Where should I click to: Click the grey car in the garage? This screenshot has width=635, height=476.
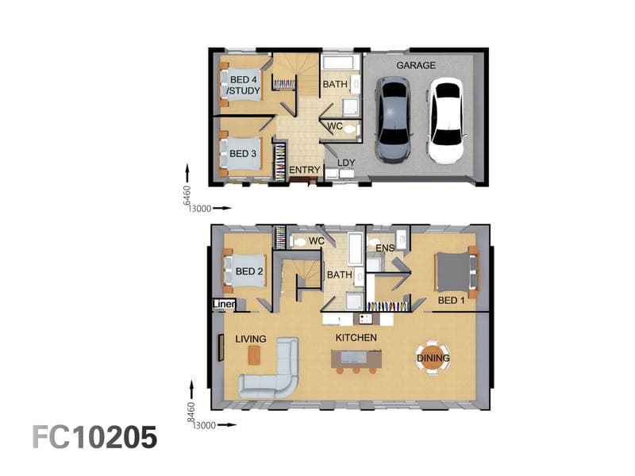393,121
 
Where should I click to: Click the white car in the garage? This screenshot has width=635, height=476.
446,121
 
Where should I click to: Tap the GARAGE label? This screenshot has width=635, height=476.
415,65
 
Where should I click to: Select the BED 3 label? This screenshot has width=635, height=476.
243,154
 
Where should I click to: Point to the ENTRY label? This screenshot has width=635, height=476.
305,170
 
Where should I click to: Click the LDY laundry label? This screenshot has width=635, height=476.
346,163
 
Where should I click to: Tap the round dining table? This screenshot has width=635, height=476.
433,358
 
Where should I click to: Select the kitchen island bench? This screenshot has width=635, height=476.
356,359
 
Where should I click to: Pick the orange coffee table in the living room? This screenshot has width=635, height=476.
254,355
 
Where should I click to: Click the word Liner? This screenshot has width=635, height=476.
224,304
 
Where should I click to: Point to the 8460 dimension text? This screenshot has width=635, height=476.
191,413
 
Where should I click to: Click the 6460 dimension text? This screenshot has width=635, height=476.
187,196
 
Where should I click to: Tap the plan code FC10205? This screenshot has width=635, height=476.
94,437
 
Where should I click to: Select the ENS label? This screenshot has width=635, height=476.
385,248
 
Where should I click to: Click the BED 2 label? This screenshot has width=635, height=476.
249,271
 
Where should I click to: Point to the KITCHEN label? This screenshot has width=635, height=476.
356,338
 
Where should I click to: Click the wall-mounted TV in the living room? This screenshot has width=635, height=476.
221,347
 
